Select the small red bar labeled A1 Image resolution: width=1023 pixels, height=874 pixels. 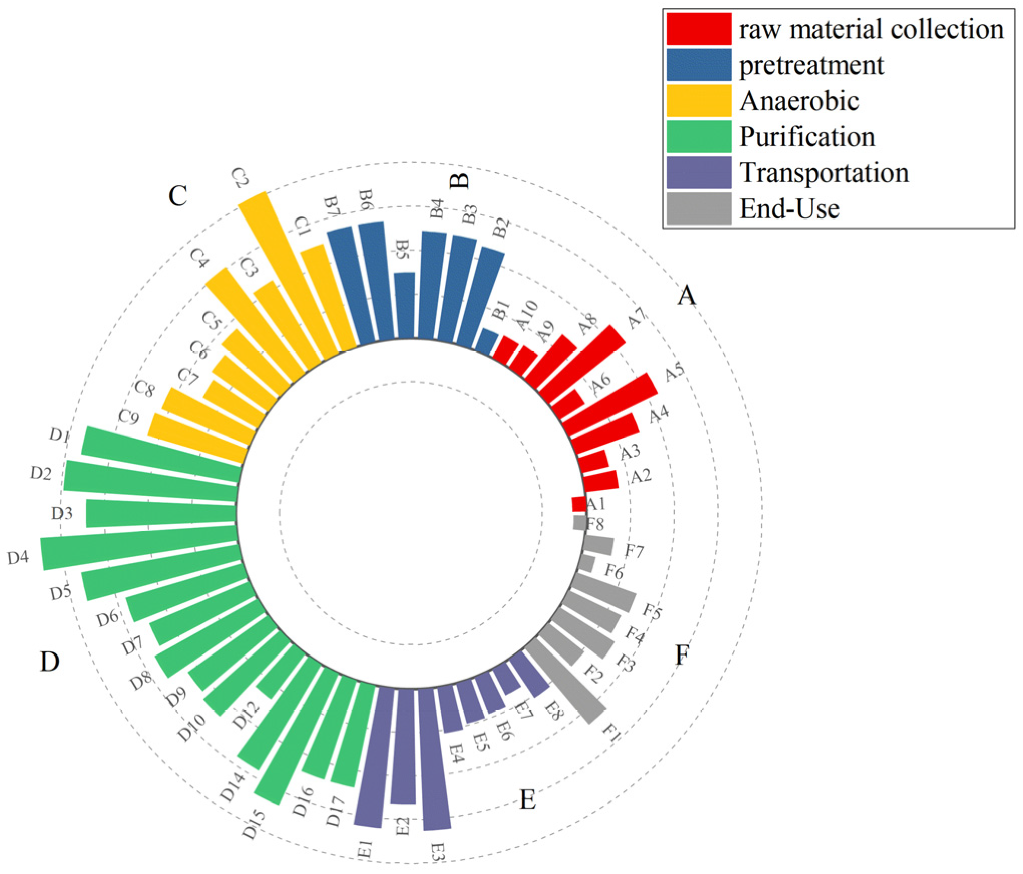click(578, 504)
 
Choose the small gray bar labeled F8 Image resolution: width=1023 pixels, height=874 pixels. click(579, 523)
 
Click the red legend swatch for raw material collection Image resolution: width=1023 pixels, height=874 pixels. click(698, 29)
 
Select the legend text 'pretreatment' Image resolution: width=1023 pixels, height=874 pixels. click(811, 65)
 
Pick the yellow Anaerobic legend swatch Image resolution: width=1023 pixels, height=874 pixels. click(698, 101)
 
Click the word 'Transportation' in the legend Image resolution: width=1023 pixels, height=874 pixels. click(824, 173)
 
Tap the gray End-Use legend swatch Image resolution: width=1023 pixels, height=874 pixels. click(698, 208)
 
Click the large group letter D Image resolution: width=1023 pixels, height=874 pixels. click(50, 662)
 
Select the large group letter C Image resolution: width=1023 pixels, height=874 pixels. click(177, 196)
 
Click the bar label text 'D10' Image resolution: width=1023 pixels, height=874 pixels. click(191, 728)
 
